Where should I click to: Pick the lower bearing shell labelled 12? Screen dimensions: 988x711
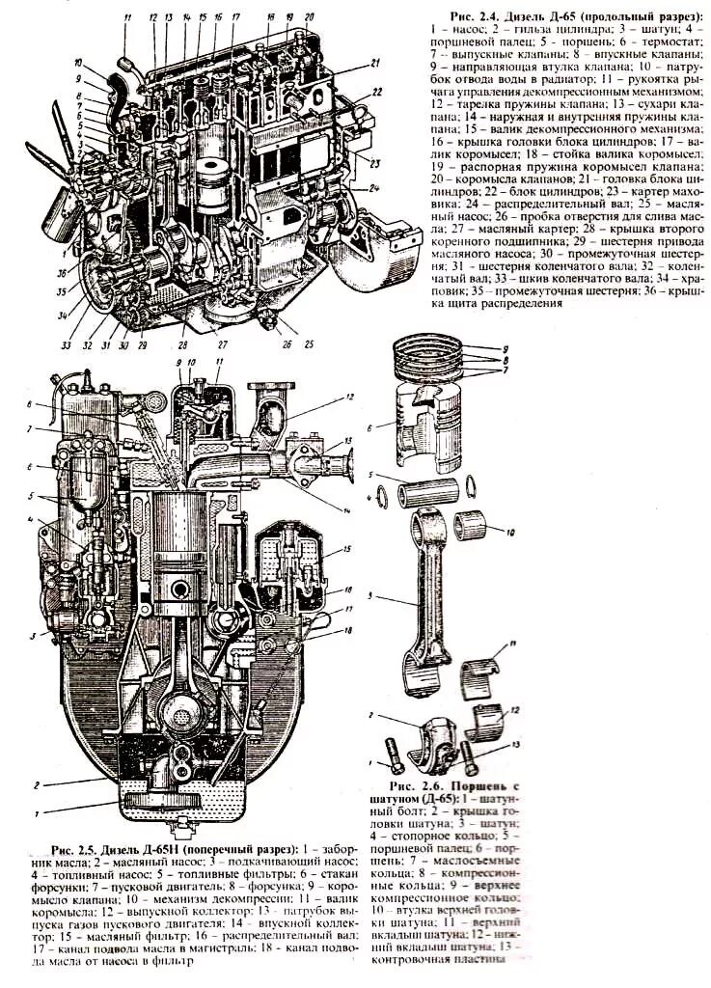(x=492, y=719)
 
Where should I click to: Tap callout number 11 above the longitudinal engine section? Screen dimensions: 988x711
(x=125, y=20)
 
